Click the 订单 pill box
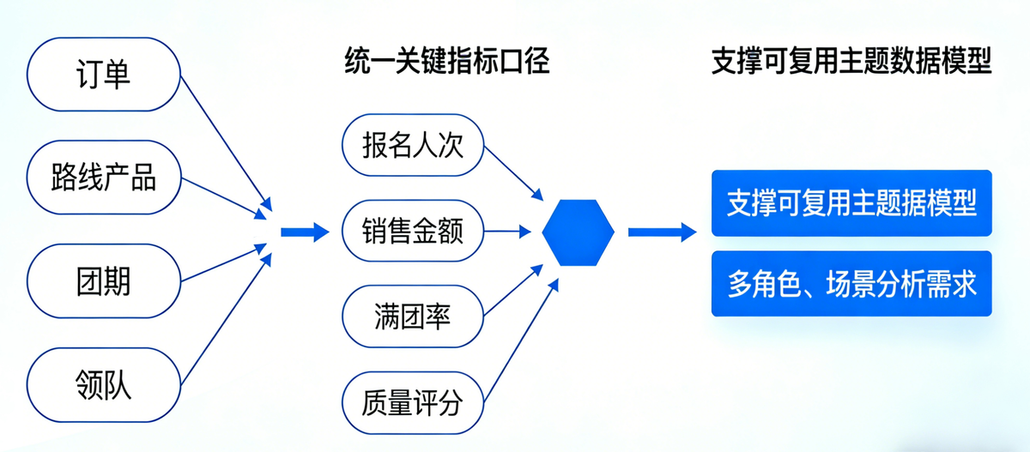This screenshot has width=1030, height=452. (103, 74)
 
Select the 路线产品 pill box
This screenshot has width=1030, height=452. (103, 178)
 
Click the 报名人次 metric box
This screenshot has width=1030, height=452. (413, 144)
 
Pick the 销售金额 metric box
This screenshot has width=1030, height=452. (413, 231)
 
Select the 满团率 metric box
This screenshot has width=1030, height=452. (413, 316)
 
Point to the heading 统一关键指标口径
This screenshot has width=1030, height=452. (446, 63)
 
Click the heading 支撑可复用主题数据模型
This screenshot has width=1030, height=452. (851, 63)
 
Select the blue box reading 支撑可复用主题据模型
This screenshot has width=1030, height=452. (851, 203)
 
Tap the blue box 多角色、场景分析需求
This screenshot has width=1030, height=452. (851, 283)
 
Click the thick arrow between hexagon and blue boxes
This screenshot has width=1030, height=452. (661, 232)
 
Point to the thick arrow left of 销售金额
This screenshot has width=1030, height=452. (305, 232)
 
